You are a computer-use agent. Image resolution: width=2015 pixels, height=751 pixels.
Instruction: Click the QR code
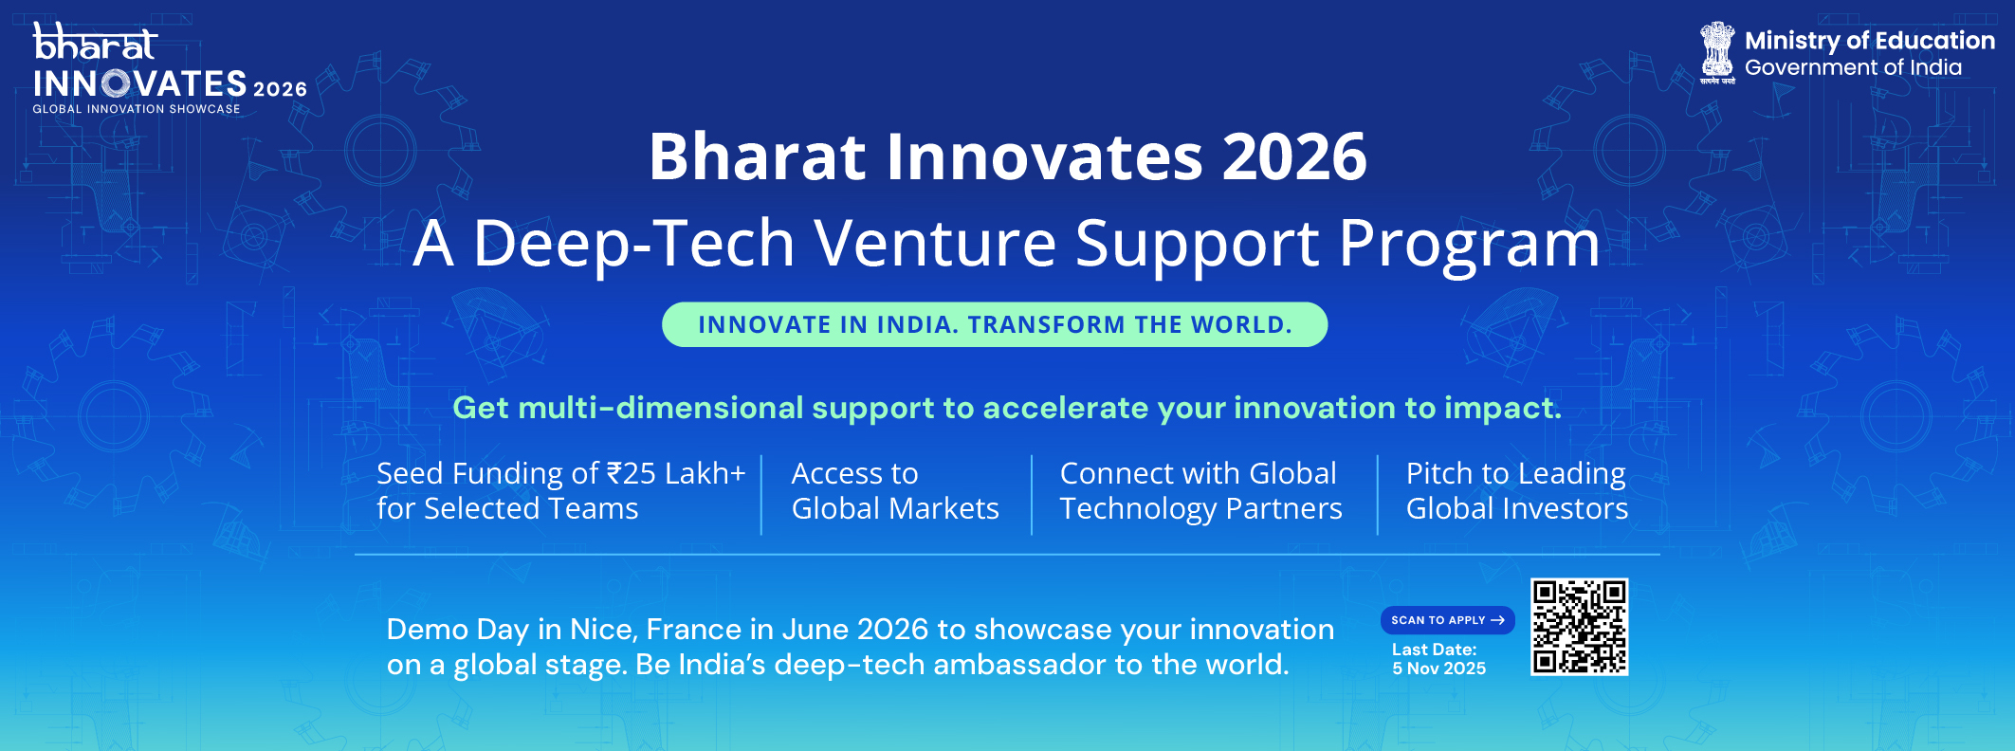(x=1579, y=627)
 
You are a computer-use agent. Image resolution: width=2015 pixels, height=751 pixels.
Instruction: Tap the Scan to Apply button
(x=1447, y=620)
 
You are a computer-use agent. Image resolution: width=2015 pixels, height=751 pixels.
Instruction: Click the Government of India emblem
(x=1717, y=53)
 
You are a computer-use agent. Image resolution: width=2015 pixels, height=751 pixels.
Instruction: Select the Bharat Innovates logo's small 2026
(x=280, y=89)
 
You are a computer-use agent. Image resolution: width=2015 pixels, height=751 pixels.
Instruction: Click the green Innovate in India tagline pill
(x=995, y=324)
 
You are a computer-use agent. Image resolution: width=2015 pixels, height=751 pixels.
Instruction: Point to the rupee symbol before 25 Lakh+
(x=614, y=473)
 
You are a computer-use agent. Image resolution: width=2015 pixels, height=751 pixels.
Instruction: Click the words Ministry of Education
(x=1870, y=41)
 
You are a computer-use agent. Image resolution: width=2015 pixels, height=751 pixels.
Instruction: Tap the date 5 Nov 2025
(x=1439, y=669)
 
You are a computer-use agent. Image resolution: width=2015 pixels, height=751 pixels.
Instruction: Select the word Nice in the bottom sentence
(x=604, y=630)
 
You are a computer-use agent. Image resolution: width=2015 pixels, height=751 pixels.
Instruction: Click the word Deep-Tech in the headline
(x=633, y=244)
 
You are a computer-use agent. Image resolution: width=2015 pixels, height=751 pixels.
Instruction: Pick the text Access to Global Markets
(x=895, y=491)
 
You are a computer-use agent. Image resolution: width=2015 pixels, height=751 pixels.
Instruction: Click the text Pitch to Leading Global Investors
(x=1517, y=491)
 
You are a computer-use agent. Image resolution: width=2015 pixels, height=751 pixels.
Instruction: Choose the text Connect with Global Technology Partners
(x=1201, y=491)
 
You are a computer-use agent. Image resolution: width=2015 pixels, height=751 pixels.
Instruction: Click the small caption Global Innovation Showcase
(x=137, y=109)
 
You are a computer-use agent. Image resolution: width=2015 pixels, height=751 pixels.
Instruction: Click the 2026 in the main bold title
(x=1294, y=156)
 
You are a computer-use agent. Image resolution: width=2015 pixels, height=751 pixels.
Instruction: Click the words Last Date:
(x=1435, y=650)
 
